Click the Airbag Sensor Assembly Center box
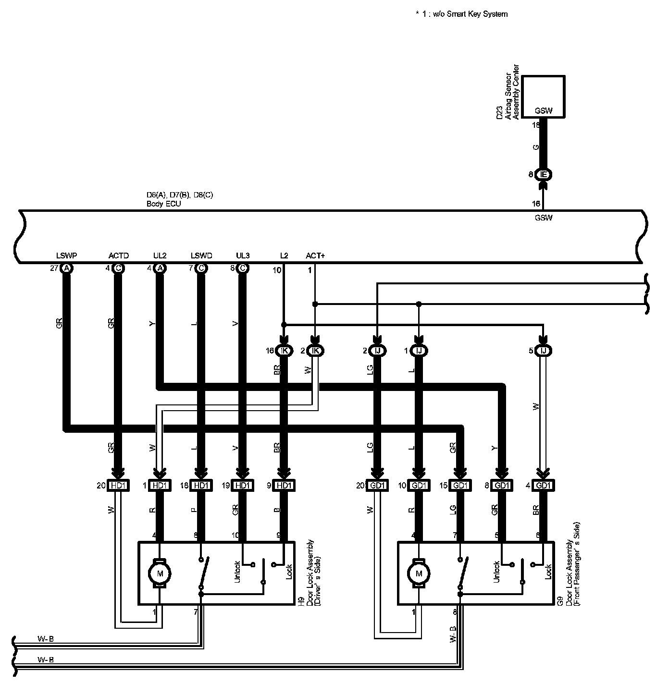tap(544, 96)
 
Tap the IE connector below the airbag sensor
tap(544, 174)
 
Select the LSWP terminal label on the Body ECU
tap(66, 256)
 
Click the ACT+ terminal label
tap(315, 256)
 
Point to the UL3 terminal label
tap(243, 256)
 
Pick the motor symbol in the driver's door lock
tap(159, 573)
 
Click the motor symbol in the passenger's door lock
tap(419, 573)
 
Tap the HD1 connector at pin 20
tap(118, 486)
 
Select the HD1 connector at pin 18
tap(200, 486)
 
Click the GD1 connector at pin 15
tap(460, 486)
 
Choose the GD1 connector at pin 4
tap(543, 486)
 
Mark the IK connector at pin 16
tap(284, 351)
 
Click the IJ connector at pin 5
tap(544, 351)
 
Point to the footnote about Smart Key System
tap(461, 14)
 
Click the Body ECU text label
tap(163, 204)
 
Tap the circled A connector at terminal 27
tap(66, 268)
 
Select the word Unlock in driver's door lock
tap(237, 572)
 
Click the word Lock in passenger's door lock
tap(548, 572)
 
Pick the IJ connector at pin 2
tap(377, 351)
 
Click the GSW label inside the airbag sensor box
tap(544, 111)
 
